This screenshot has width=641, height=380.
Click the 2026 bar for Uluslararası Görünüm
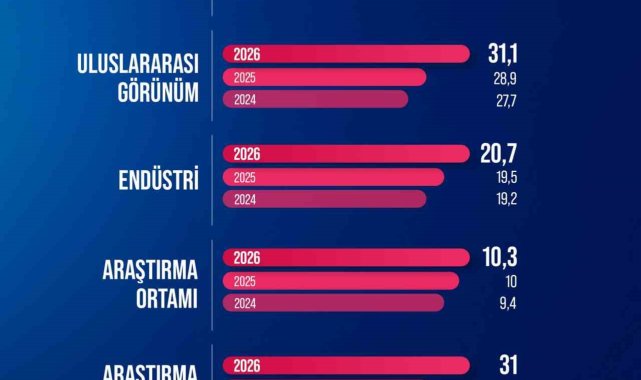pos(346,54)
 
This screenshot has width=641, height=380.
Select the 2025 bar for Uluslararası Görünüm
pos(325,77)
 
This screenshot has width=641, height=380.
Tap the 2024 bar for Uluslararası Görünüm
pos(315,99)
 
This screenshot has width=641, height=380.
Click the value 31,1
pos(502,54)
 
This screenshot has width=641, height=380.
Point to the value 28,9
pos(505,78)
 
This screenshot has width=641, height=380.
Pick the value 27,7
pos(507,101)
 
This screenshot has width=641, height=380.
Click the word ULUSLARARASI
pos(138,64)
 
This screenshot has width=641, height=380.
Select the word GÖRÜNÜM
pos(158,92)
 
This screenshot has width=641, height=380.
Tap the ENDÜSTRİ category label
pos(159,179)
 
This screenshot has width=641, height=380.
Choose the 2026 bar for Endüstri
pos(346,154)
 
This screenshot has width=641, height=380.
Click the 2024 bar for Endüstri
pos(325,199)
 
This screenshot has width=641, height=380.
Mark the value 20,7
pos(499,154)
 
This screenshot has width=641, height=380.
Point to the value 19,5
pos(507,178)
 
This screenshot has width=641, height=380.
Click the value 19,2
pos(507,199)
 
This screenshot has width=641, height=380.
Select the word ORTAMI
pos(167,299)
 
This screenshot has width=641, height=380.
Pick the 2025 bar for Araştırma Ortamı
pos(341,281)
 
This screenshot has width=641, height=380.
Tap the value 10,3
pos(500,257)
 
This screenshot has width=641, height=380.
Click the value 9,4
pos(508,304)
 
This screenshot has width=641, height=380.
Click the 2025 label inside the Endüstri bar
pos(244,177)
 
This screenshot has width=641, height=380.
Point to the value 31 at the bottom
pos(509,365)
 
